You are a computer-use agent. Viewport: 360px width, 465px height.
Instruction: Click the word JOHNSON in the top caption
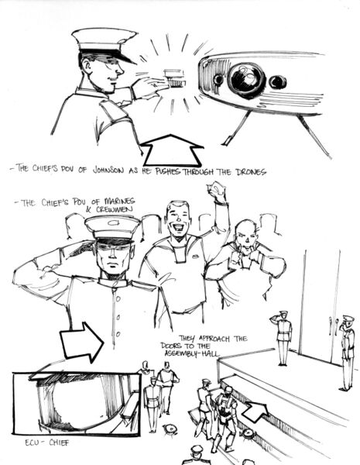[x=108, y=170]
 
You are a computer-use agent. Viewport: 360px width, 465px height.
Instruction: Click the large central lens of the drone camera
[x=246, y=79]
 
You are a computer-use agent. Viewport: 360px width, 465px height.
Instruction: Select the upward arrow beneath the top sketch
[x=172, y=151]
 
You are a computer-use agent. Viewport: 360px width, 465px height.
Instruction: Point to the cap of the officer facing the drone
[x=105, y=43]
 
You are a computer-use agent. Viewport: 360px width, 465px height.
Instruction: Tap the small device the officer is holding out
[x=175, y=78]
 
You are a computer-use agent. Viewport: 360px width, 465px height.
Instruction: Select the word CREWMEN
[x=115, y=208]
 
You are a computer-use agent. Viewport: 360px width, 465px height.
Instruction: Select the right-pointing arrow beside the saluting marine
[x=82, y=343]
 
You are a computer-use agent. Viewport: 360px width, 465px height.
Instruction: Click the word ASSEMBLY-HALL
[x=192, y=353]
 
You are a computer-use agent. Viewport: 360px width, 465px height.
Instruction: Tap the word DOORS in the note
[x=171, y=346]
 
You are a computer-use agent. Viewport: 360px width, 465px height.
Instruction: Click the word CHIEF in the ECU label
[x=59, y=443]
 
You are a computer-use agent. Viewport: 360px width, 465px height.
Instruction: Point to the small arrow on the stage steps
[x=255, y=411]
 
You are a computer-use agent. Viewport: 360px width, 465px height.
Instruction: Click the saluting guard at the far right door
[x=348, y=353]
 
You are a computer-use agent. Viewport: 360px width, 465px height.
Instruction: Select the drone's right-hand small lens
[x=277, y=82]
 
